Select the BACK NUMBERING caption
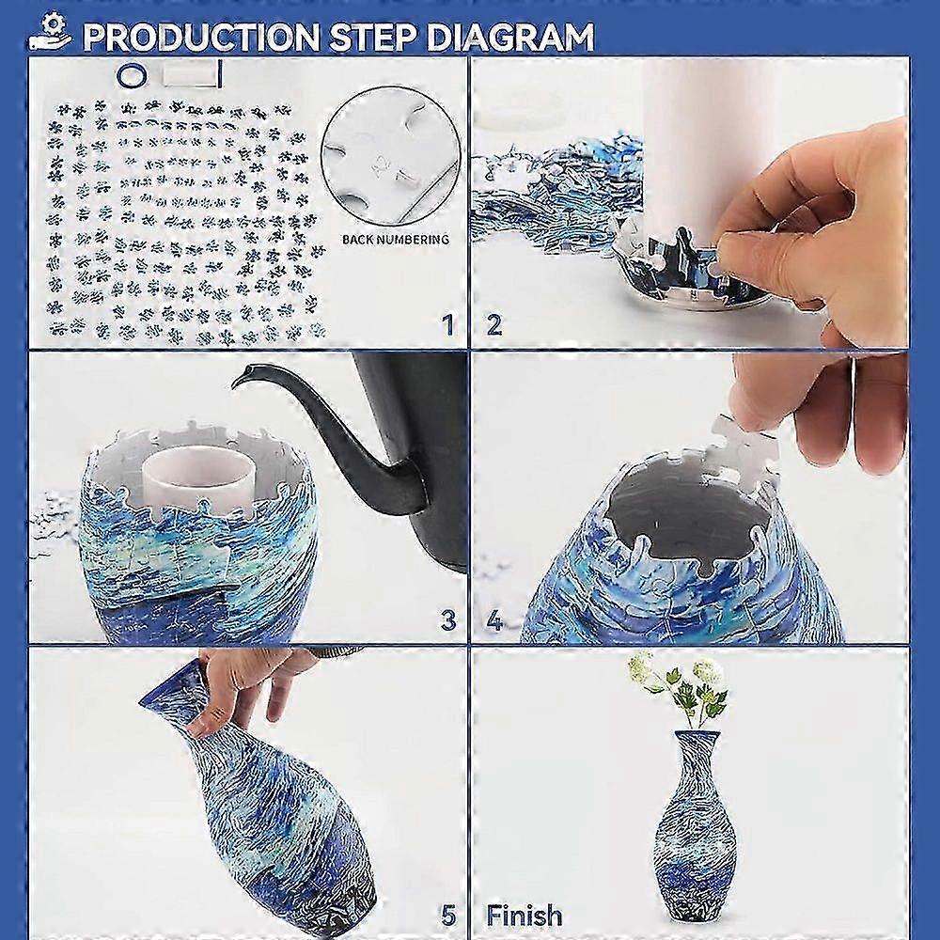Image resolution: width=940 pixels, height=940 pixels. (395, 240)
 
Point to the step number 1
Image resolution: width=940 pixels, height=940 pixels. (447, 325)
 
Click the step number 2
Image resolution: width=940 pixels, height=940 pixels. (493, 325)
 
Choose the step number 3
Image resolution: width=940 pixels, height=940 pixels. (447, 620)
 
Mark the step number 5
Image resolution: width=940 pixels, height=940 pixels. (447, 915)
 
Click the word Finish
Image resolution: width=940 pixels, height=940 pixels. (525, 915)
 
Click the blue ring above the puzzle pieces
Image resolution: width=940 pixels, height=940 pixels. (131, 72)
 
